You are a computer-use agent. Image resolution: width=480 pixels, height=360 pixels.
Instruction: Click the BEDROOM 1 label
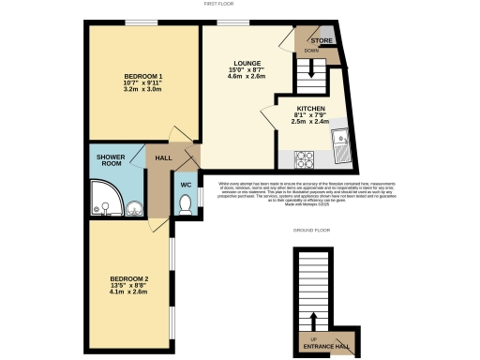pos(143,76)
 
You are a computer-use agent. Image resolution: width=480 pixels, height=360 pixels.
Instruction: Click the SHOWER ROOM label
pos(112,159)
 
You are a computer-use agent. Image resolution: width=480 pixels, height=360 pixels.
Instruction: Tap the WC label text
pos(186,185)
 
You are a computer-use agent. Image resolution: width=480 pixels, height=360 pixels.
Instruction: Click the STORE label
pos(322,41)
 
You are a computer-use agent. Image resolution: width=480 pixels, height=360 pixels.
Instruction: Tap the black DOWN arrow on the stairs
pos(305,68)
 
